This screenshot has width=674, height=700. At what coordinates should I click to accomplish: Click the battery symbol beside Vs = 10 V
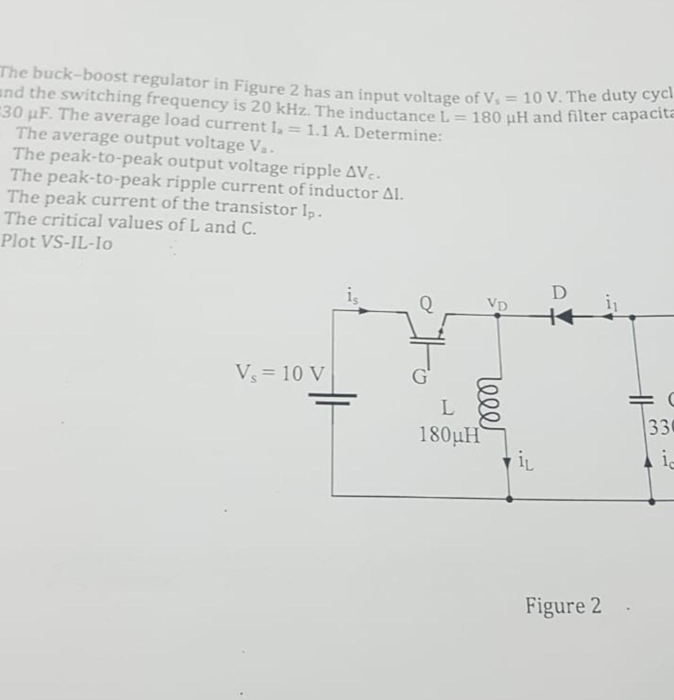coord(332,397)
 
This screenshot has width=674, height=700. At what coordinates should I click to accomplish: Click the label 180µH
coord(449,434)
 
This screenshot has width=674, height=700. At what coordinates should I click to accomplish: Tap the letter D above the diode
coord(559,293)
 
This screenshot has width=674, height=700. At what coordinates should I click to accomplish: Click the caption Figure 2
coord(563,606)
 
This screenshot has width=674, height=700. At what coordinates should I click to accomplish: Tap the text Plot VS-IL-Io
coord(57,242)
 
